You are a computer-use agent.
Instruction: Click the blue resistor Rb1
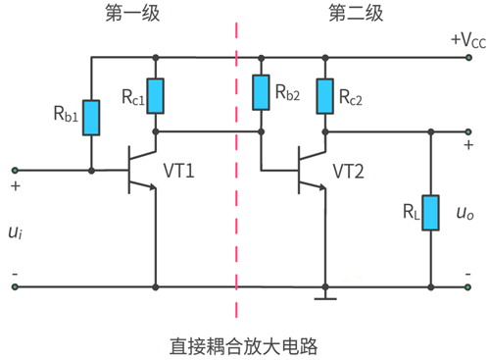pyautogui.click(x=91, y=118)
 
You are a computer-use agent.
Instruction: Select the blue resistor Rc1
pyautogui.click(x=156, y=95)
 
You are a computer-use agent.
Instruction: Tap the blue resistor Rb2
pyautogui.click(x=261, y=93)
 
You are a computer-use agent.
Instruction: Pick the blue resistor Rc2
pyautogui.click(x=324, y=95)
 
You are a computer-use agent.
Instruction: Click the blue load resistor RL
pyautogui.click(x=430, y=213)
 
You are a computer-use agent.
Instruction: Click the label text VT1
pyautogui.click(x=179, y=172)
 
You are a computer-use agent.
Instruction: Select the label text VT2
pyautogui.click(x=350, y=172)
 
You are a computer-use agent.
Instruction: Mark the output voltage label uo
pyautogui.click(x=466, y=214)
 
